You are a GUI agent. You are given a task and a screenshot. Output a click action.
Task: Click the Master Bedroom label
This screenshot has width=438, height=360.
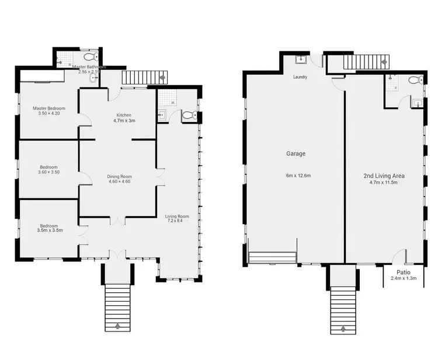point(49,108)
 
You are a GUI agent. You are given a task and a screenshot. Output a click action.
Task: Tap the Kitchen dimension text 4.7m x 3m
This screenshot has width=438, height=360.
point(124,121)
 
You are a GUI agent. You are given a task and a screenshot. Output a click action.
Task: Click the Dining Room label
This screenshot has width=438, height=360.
point(119,176)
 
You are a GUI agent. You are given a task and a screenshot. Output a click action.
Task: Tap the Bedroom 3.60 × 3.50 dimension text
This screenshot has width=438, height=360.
point(49,172)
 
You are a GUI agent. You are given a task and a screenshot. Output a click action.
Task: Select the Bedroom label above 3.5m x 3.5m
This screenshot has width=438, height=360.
point(49,226)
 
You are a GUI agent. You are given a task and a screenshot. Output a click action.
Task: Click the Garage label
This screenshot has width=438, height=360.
point(296,154)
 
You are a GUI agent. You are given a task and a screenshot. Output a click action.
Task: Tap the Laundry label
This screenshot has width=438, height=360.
point(300,77)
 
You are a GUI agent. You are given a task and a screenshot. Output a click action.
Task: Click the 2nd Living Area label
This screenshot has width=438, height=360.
point(384,176)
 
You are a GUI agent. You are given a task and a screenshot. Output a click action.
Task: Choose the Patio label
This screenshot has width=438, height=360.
point(403,272)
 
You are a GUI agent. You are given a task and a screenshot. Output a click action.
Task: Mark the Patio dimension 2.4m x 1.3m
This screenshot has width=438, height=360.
point(403,278)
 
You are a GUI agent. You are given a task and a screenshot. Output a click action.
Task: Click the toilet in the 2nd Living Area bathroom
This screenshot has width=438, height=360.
point(414,80)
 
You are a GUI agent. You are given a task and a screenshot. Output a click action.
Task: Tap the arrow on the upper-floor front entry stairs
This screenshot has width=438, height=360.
point(119,327)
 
